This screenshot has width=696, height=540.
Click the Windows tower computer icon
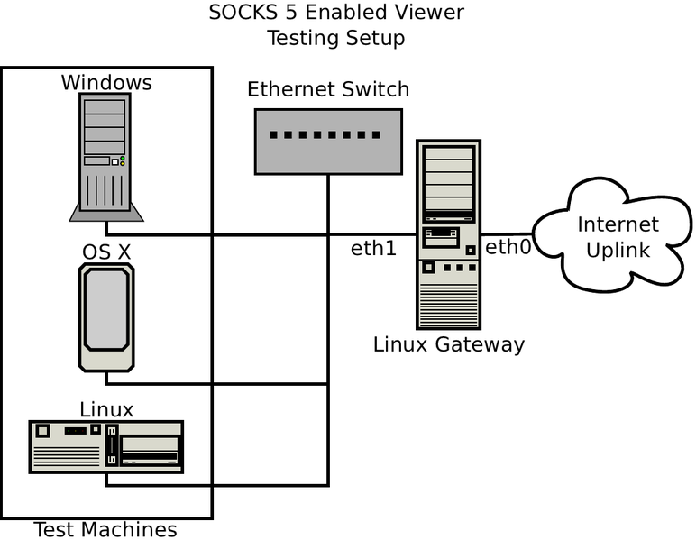pos(106,155)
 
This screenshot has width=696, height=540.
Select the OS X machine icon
pos(106,318)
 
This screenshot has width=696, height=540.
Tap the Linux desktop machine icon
pos(106,446)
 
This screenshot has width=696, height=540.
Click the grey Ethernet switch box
pos(327,141)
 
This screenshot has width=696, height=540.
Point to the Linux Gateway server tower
pos(448,234)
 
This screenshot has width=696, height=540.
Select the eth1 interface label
pos(373,248)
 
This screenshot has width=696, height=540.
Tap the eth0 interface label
pos(508,247)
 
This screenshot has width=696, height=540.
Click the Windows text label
pos(106,83)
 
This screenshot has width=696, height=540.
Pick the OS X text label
pos(106,252)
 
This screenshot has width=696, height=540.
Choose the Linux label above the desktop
pos(106,410)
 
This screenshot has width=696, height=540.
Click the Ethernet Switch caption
pos(328,89)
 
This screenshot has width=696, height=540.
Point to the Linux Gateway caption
pos(448,344)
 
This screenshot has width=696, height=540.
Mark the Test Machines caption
pos(105,529)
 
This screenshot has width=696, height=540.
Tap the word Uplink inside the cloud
pos(618,250)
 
